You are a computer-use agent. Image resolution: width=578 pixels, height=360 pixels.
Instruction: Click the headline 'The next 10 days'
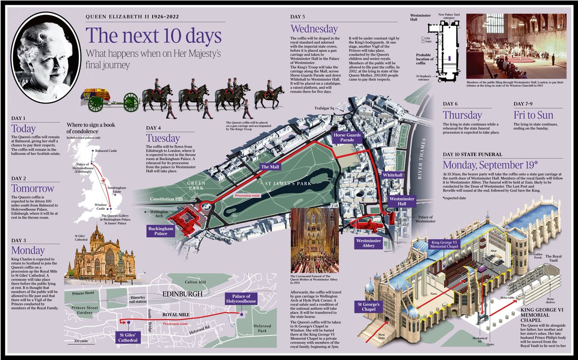click(153, 37)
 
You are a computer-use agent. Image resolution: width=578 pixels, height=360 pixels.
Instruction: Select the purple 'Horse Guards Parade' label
click(347, 138)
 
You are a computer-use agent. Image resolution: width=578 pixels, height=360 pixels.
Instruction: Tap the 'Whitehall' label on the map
click(393, 176)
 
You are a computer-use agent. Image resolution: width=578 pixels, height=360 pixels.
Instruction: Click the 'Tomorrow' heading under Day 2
click(33, 188)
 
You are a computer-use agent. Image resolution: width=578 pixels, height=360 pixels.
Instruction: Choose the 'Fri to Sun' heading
click(533, 116)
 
